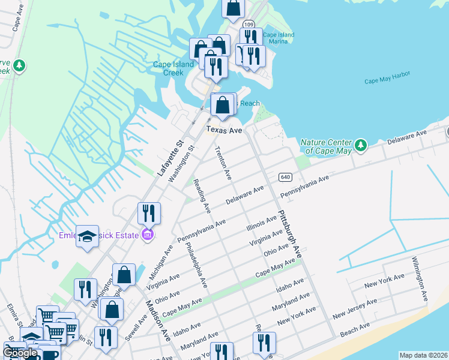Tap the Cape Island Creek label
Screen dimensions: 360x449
(x=173, y=68)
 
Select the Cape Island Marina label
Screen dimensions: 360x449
(x=279, y=38)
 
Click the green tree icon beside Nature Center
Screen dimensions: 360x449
(x=360, y=145)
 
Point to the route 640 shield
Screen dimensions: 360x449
(x=285, y=176)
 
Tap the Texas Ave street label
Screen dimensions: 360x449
(x=224, y=130)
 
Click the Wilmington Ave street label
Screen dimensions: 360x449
(x=420, y=279)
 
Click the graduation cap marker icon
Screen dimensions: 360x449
(x=88, y=236)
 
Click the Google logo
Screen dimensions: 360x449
(x=20, y=353)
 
